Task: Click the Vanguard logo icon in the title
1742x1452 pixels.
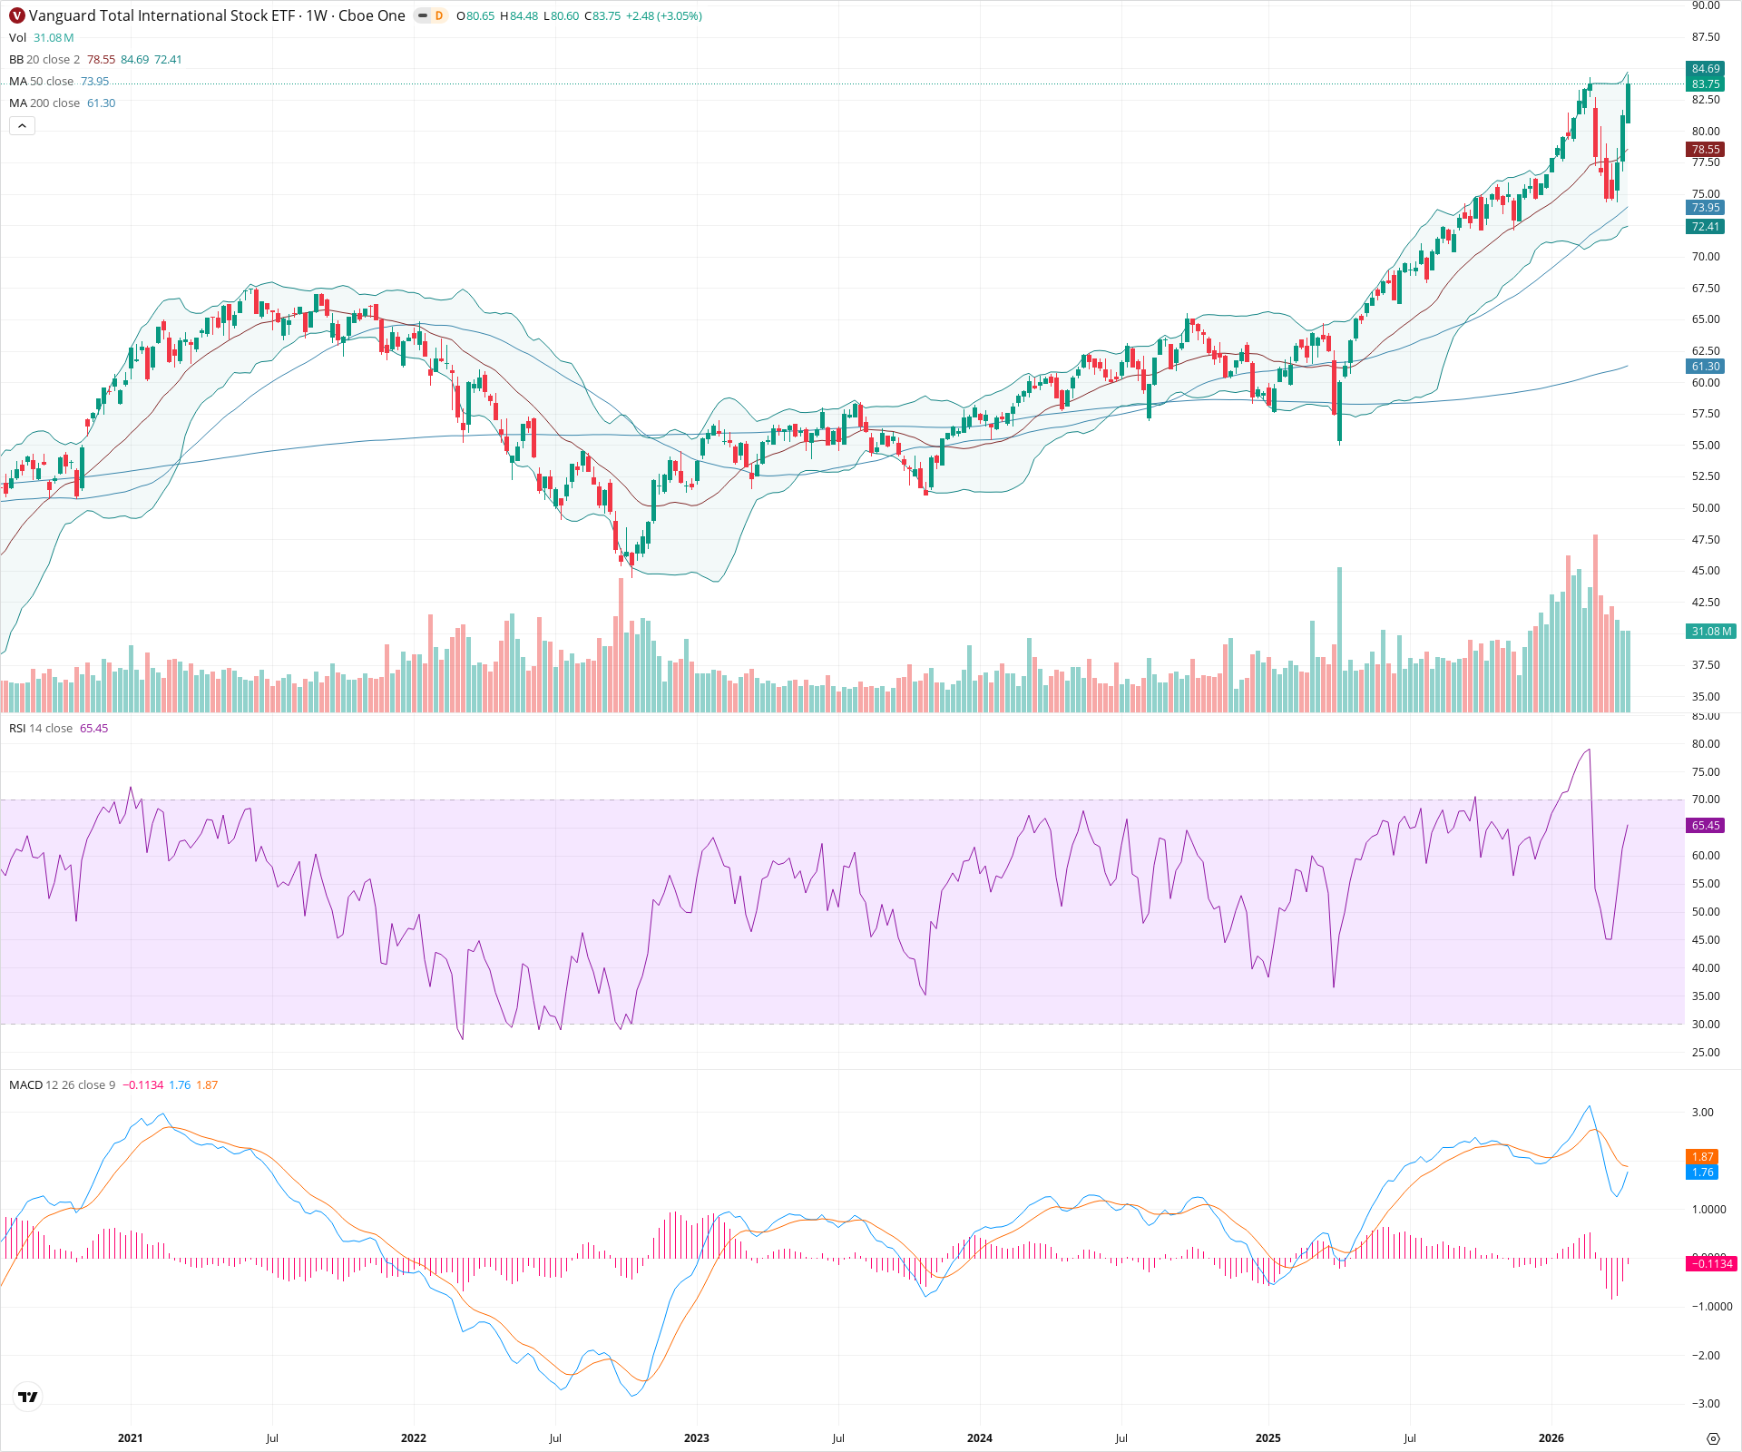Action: tap(16, 15)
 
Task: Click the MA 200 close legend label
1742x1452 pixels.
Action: tap(44, 103)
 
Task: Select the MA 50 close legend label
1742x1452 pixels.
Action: tap(42, 82)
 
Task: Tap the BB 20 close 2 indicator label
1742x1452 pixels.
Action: tap(44, 60)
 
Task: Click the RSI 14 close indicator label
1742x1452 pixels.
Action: tap(41, 729)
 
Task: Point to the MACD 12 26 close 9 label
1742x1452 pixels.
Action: tap(62, 1085)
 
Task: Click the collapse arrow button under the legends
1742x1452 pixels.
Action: tap(23, 126)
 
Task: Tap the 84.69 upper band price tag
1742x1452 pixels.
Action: tap(1706, 69)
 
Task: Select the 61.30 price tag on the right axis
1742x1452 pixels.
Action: tap(1706, 367)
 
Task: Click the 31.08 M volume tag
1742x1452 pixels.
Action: tap(1711, 632)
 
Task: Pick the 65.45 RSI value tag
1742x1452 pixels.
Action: tap(1706, 826)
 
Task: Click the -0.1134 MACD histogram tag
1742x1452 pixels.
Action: tap(1710, 1264)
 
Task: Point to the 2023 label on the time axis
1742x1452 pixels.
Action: tap(697, 1438)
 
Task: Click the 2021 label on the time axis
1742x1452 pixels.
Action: tap(131, 1438)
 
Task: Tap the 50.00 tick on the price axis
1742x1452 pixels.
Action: tap(1706, 508)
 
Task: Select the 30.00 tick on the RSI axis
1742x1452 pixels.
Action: tap(1706, 1025)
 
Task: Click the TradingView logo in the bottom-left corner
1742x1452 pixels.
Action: tap(28, 1397)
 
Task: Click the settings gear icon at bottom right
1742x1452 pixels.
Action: tap(1713, 1438)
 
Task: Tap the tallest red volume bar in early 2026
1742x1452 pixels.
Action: tap(1595, 626)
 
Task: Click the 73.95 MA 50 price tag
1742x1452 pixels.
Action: tap(1706, 208)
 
